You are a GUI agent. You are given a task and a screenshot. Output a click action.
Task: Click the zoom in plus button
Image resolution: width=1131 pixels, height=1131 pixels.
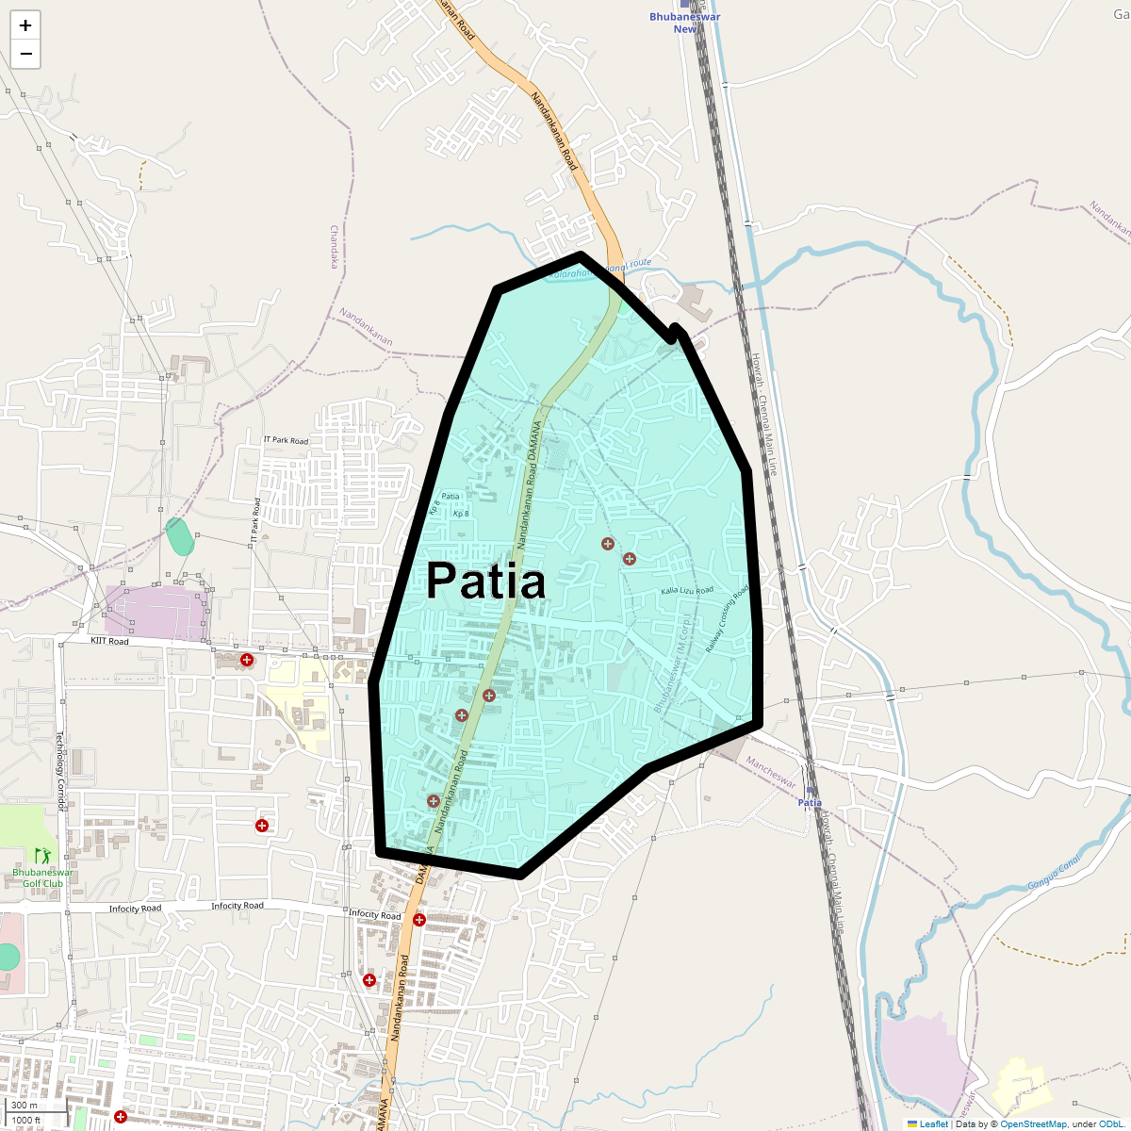point(25,25)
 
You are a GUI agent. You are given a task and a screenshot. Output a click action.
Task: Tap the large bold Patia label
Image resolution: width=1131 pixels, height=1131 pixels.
point(485,581)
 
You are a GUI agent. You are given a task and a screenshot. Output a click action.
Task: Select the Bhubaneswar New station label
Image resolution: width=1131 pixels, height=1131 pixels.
point(685,23)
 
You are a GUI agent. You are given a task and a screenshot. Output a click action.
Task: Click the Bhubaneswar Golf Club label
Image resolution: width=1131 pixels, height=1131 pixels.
point(42,877)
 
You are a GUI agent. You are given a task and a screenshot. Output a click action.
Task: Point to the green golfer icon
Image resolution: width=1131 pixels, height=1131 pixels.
point(42,855)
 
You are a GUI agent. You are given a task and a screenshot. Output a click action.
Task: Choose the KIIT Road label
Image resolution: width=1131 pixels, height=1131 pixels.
point(109,641)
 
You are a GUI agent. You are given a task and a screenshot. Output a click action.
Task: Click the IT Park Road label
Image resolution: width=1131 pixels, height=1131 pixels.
point(286,441)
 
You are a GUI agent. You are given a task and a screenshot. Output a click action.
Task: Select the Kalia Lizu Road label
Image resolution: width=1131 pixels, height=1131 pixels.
point(687,591)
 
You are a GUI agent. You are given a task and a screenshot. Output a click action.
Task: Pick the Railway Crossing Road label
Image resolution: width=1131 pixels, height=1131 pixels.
point(727,619)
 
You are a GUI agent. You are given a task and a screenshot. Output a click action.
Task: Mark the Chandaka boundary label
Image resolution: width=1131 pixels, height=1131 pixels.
point(333,246)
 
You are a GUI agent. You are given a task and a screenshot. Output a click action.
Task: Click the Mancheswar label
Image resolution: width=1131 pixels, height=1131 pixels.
point(771,773)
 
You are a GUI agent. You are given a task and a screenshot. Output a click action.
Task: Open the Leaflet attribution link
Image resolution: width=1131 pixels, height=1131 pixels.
point(934,1123)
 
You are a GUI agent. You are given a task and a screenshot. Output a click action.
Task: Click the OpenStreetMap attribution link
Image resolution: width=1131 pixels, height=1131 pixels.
point(1033,1123)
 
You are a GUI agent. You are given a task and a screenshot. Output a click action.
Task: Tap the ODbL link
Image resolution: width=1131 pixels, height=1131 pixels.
point(1109,1123)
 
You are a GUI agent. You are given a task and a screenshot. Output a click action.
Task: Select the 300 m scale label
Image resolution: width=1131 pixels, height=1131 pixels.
point(25,1106)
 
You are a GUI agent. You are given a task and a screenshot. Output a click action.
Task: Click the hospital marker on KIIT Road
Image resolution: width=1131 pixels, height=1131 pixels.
point(247,660)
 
